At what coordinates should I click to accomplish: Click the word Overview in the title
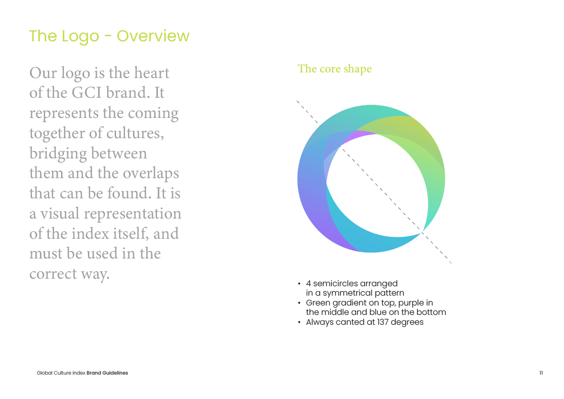coord(153,36)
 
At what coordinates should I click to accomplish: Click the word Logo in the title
coord(80,37)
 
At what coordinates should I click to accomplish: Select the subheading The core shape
coord(335,69)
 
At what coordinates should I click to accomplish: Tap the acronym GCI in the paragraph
coord(86,93)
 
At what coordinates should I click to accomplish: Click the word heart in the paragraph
coord(151,73)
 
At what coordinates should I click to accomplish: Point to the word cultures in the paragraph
coord(135,133)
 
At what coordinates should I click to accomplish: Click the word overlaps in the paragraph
coord(151,174)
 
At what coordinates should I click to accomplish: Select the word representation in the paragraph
coord(133,214)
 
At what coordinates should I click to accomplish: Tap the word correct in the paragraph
coord(53,274)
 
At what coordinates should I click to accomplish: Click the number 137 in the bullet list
coord(383,322)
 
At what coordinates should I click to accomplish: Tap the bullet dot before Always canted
coord(299,322)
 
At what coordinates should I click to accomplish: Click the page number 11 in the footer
coord(541,373)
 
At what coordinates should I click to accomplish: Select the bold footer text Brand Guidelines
coord(107,373)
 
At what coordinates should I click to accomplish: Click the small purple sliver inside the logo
coord(358,137)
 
